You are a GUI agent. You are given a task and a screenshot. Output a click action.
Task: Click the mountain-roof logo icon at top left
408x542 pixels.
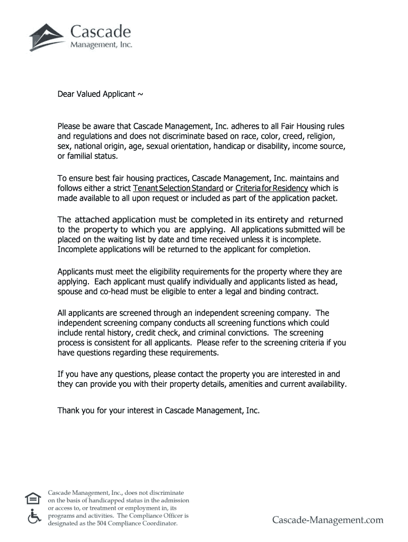pyautogui.click(x=47, y=37)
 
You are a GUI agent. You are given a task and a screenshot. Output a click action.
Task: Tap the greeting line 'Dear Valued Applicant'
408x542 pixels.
pyautogui.click(x=100, y=94)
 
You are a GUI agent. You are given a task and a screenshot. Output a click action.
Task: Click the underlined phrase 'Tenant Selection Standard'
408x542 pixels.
pyautogui.click(x=178, y=188)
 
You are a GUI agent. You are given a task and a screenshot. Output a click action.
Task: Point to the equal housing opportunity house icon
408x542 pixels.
pyautogui.click(x=33, y=499)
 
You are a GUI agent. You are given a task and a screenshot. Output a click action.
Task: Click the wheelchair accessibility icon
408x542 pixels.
pyautogui.click(x=33, y=516)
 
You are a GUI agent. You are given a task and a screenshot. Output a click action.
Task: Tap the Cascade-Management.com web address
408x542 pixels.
pyautogui.click(x=327, y=520)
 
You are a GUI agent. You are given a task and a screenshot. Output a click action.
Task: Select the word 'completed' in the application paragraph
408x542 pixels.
pyautogui.click(x=211, y=219)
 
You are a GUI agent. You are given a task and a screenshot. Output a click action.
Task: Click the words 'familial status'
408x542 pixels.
pyautogui.click(x=93, y=156)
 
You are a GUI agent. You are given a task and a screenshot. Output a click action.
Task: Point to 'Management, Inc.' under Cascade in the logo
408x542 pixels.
pyautogui.click(x=101, y=45)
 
